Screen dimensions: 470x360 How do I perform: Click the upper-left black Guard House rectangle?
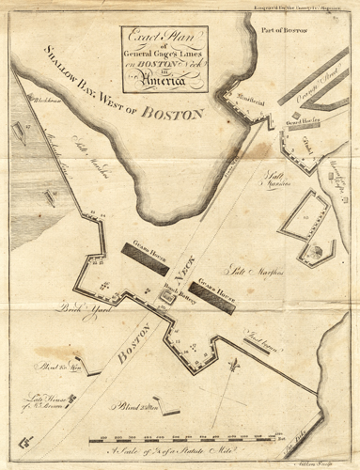coord(140,251)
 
